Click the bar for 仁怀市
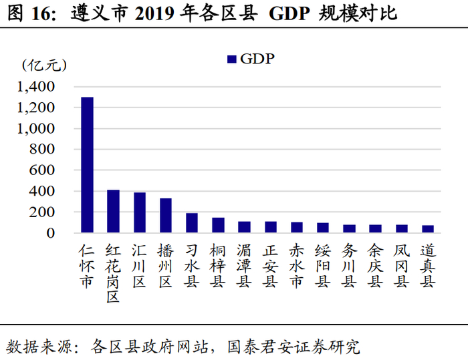pos(87,165)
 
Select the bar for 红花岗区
pos(113,211)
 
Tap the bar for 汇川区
pos(139,212)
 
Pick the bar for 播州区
pos(165,215)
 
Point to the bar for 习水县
pos(191,223)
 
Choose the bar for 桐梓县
pos(217,225)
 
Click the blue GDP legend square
pos(232,59)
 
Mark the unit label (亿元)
pos(44,65)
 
